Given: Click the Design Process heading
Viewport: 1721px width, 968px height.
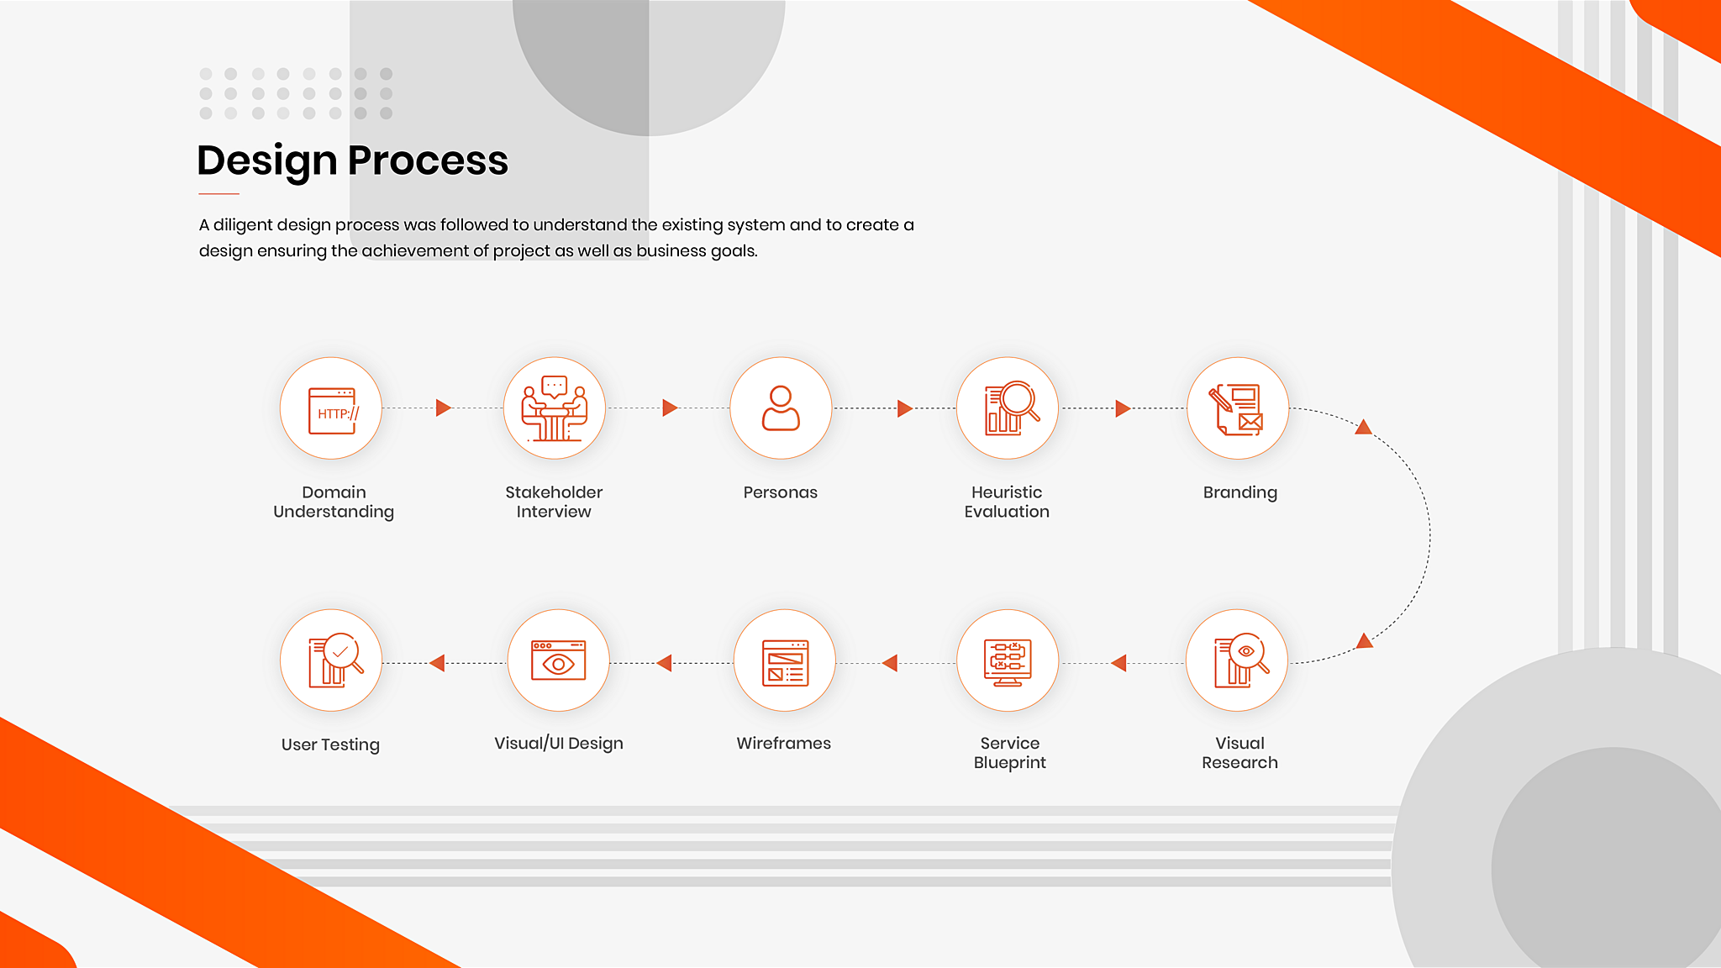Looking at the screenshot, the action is [x=352, y=160].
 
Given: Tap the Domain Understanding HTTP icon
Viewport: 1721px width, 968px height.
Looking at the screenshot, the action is [x=332, y=410].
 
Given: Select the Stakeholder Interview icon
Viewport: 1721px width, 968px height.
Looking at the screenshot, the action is [x=554, y=408].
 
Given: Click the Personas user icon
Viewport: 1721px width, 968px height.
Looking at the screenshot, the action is [x=781, y=408].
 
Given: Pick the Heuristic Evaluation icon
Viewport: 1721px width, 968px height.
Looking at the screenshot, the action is [x=1011, y=408].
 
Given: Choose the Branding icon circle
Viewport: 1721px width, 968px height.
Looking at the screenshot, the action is [x=1237, y=408].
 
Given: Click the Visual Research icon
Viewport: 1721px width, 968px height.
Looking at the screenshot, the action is [x=1240, y=660].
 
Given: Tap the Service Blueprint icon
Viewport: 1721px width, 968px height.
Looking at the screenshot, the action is [x=1008, y=662].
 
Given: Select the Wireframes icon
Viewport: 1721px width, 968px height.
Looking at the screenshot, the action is [x=785, y=662].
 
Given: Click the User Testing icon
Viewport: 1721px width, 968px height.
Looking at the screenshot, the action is [x=335, y=660].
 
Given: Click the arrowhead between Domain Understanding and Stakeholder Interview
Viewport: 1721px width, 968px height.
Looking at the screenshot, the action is [x=444, y=408].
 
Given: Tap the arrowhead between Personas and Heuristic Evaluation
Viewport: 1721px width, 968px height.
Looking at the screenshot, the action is [x=905, y=408].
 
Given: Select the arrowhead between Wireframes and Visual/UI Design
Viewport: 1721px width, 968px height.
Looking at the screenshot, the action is [x=664, y=663].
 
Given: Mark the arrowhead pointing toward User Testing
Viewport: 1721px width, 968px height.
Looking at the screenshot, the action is [x=437, y=663].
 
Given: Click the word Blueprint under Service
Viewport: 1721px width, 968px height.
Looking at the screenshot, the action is [x=1009, y=763].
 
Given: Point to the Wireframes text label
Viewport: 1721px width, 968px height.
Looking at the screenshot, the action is [x=783, y=743].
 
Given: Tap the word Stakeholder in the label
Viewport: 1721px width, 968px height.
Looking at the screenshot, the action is [x=554, y=492].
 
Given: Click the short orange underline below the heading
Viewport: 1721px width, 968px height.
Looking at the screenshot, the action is [x=218, y=194].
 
